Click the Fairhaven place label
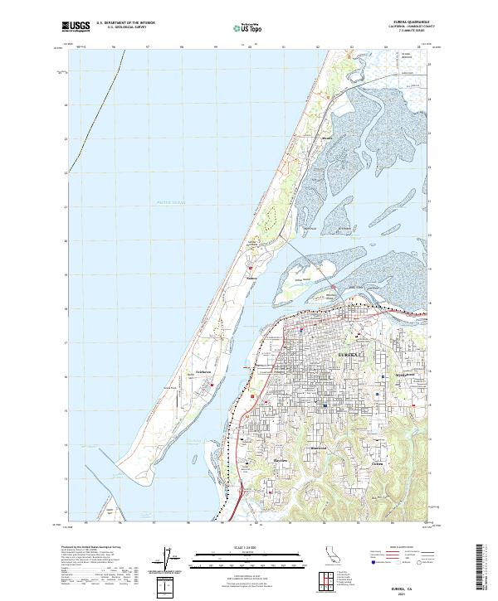[x=206, y=373]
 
